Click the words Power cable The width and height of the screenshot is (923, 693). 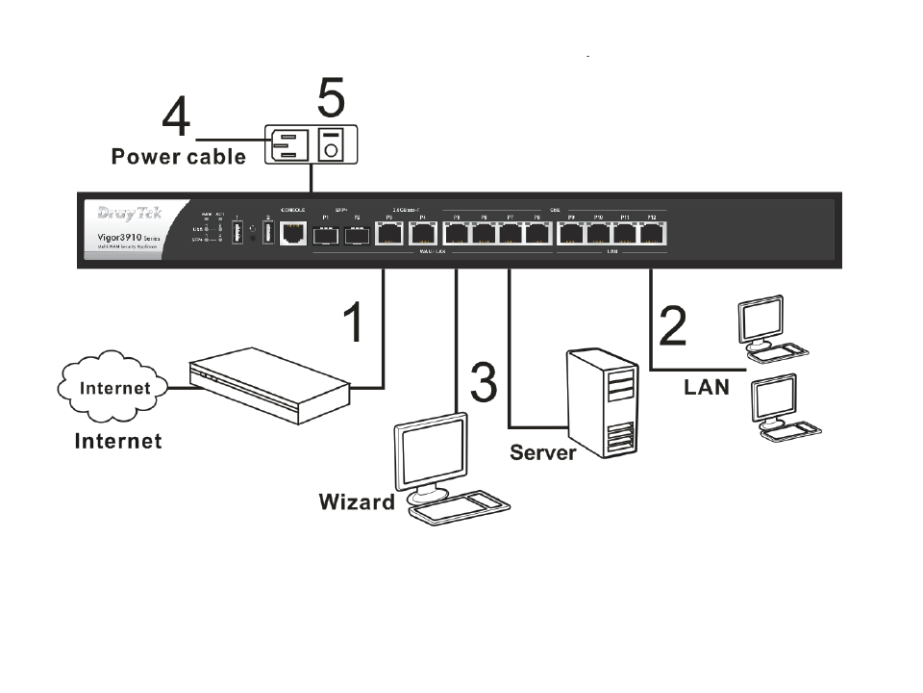click(x=179, y=156)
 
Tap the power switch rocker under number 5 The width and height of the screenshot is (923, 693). click(x=332, y=145)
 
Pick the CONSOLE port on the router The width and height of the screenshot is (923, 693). click(x=292, y=231)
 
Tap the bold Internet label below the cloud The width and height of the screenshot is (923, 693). click(x=118, y=441)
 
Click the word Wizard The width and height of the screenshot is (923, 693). click(x=357, y=501)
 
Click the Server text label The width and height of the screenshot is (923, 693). click(x=542, y=451)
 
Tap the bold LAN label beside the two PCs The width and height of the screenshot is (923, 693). click(x=706, y=387)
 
